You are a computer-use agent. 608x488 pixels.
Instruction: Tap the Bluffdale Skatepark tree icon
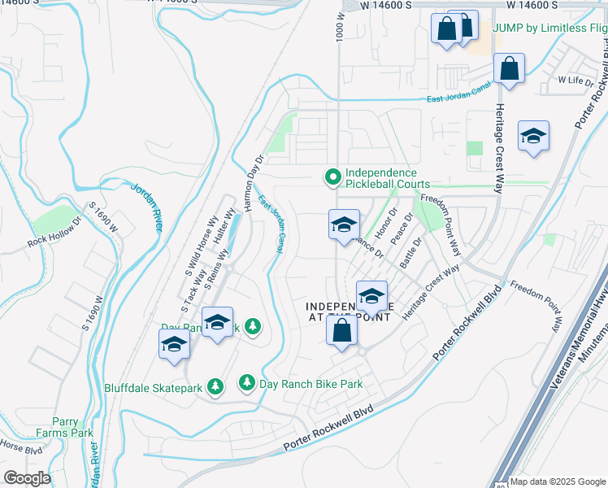click(x=215, y=387)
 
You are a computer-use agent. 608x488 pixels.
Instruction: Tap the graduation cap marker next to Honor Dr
click(x=344, y=224)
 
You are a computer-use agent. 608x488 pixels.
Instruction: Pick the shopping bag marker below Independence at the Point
click(x=342, y=331)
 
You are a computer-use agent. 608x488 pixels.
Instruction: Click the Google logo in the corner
click(x=27, y=477)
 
